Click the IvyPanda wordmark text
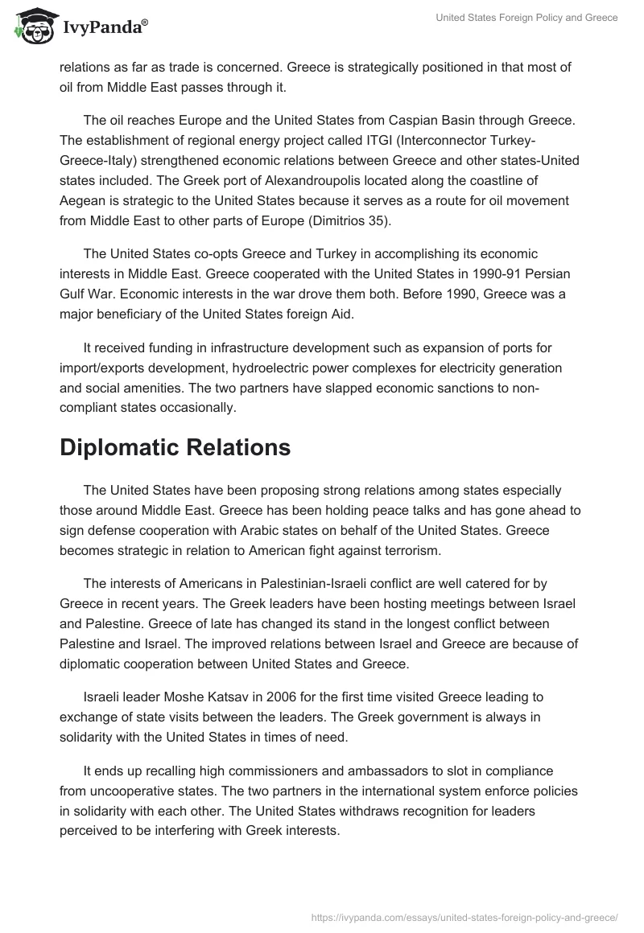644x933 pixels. [x=105, y=27]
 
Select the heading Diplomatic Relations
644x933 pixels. [x=175, y=448]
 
